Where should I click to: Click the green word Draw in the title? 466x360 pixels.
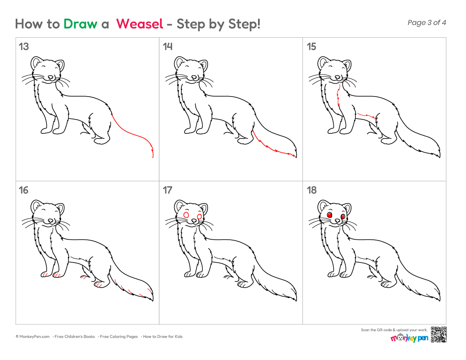[x=80, y=24]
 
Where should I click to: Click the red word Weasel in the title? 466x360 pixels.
[x=140, y=24]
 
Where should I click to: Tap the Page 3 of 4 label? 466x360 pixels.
[x=427, y=22]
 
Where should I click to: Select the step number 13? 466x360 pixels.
[x=24, y=47]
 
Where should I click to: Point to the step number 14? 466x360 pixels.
[x=168, y=47]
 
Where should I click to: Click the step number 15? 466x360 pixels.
[x=311, y=47]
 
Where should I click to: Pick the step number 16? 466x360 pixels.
[x=24, y=190]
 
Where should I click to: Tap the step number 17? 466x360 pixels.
[x=168, y=190]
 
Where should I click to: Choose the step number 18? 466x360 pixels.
[x=311, y=190]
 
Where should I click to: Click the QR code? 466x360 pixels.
[x=438, y=335]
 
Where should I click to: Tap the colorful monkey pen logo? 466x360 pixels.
[x=409, y=338]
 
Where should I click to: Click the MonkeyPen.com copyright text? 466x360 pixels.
[x=33, y=337]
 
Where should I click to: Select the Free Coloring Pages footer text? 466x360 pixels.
[x=119, y=337]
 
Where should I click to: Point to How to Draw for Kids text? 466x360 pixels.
[x=163, y=337]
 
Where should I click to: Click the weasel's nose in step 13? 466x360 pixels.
[x=50, y=77]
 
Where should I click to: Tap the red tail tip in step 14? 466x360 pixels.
[x=295, y=155]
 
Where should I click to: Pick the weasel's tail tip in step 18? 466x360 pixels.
[x=439, y=299]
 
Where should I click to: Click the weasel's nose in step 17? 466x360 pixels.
[x=194, y=221]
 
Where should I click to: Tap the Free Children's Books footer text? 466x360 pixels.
[x=75, y=337]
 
